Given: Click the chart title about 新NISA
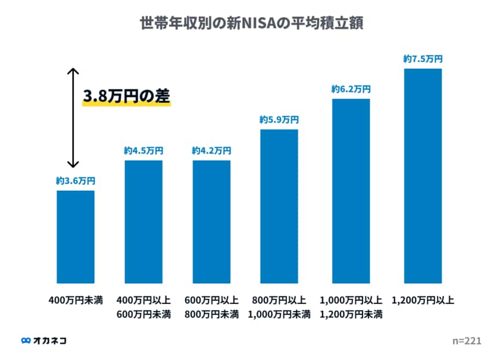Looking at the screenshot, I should (251, 24).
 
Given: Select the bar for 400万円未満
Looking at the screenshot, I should (75, 237).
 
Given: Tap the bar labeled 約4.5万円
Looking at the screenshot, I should (143, 222).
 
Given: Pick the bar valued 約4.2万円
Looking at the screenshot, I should (212, 222).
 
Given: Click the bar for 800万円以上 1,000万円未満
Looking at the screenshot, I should (279, 206).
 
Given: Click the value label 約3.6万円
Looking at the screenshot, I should (75, 181).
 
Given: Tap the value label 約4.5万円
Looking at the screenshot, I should (143, 151).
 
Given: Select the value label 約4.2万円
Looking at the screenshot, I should (212, 151).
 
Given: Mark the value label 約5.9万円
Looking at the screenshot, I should (279, 120).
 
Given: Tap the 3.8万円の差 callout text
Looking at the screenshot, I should (127, 97).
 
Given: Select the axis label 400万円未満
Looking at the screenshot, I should (75, 301).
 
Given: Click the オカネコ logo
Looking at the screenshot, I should (43, 340).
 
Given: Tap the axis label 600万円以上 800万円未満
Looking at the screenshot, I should (212, 308).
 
